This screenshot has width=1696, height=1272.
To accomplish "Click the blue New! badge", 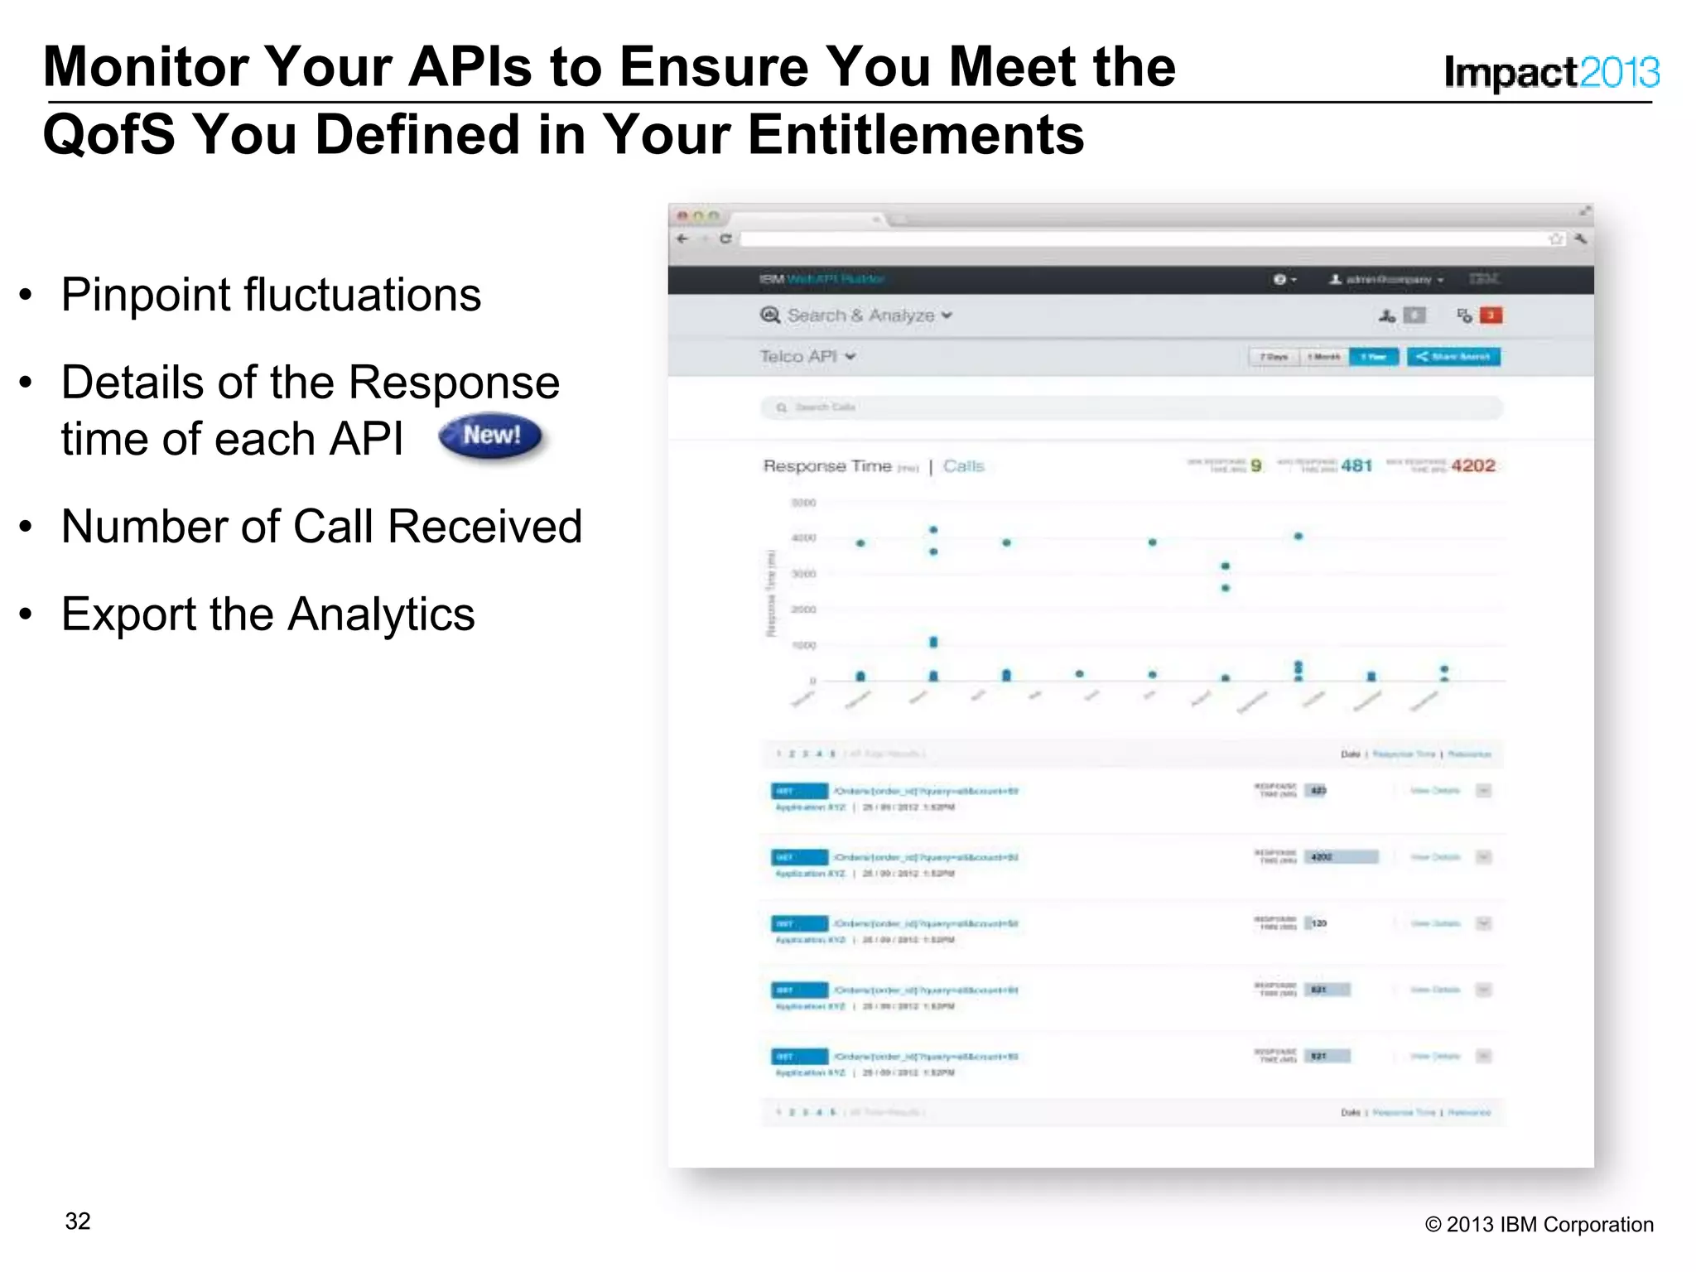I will click(x=490, y=436).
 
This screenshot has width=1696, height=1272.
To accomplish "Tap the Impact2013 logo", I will click(x=1551, y=73).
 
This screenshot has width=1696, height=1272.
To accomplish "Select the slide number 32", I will click(x=78, y=1221).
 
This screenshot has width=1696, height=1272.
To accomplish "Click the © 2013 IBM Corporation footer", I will click(x=1539, y=1225).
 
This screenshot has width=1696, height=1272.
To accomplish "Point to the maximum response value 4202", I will click(x=1473, y=465).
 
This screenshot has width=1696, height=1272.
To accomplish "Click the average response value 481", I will click(x=1356, y=465).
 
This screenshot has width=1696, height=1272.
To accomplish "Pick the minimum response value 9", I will click(x=1256, y=465).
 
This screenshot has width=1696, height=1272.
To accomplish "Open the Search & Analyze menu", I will click(x=857, y=316).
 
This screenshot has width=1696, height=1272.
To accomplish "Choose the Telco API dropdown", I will click(x=807, y=356).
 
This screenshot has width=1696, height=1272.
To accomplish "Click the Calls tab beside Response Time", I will click(x=963, y=466).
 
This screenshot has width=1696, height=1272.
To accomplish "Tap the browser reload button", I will click(x=725, y=238).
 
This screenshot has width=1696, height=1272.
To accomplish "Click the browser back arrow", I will click(x=682, y=238).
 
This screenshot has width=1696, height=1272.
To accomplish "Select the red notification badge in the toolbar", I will click(x=1491, y=316).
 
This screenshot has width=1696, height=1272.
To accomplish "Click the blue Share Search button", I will click(x=1453, y=357).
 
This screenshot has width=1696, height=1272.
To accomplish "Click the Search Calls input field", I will click(x=1131, y=407).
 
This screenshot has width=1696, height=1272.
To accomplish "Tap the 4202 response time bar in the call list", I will click(x=1342, y=857).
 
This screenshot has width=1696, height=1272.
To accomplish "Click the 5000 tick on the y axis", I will click(x=803, y=503).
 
